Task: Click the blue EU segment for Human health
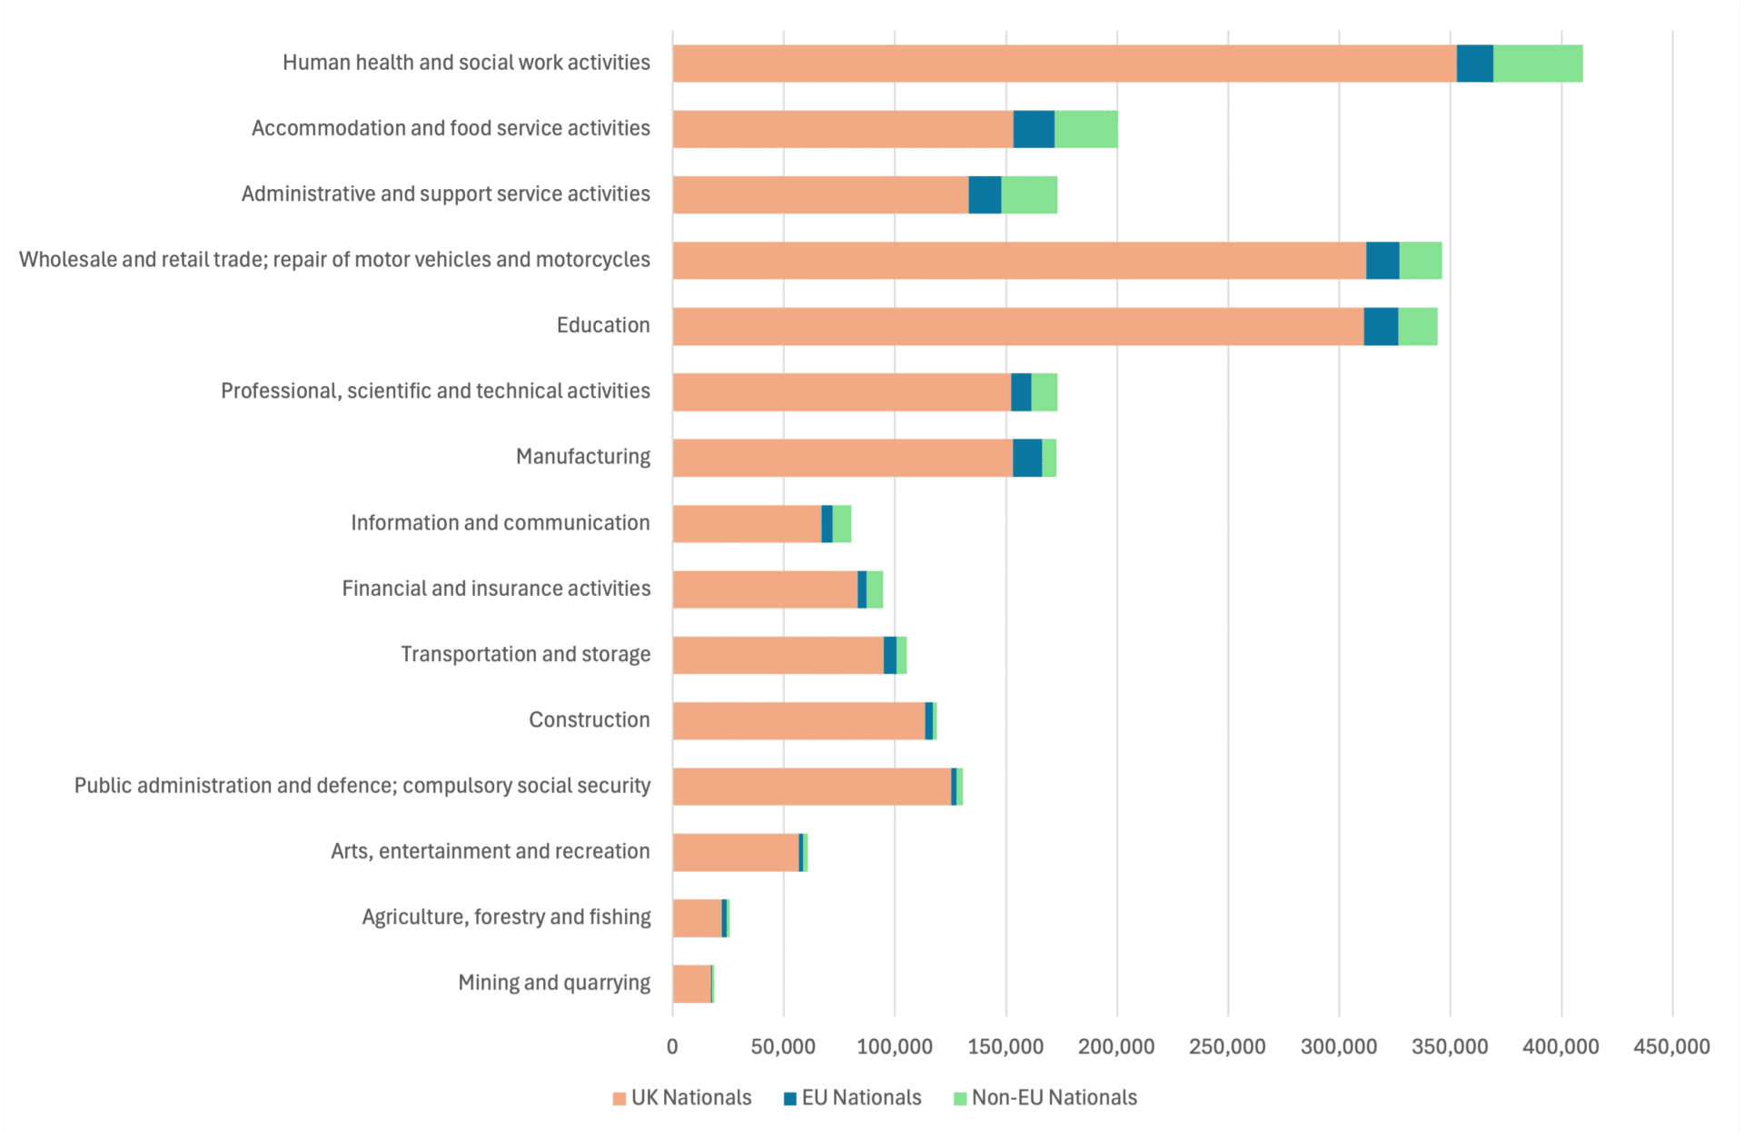1474,64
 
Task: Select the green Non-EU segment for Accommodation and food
1085,129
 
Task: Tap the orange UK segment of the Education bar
1017,326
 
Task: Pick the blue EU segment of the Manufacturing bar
1026,458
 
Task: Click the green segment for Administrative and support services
1028,194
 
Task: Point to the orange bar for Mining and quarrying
691,984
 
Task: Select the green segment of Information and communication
841,524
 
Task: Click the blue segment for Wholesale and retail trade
1382,261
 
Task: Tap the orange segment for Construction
798,721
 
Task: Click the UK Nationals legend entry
682,1097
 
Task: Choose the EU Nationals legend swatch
790,1098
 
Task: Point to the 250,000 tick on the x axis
1227,1046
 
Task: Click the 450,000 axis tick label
1671,1046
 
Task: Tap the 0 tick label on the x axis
672,1046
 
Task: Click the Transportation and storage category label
525,654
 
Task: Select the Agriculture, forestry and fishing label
506,916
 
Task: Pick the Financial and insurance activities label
496,589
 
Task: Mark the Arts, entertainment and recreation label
490,851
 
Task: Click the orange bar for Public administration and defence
811,787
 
